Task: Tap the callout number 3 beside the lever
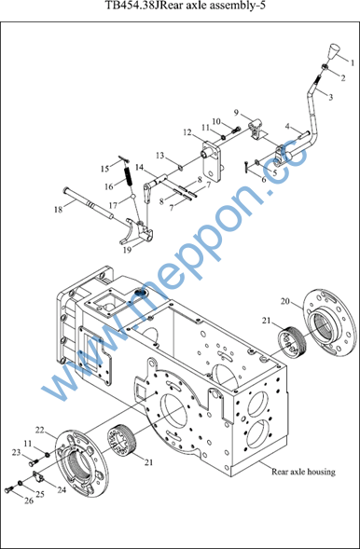click(x=331, y=97)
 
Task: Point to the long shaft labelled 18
click(x=88, y=202)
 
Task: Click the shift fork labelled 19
click(x=136, y=232)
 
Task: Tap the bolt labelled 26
click(x=9, y=490)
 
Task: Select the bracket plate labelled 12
click(x=212, y=160)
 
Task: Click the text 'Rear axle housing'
click(x=303, y=472)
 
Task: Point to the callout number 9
click(x=236, y=113)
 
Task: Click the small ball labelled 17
click(x=133, y=197)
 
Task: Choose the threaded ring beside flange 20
click(x=291, y=340)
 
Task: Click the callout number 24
click(x=62, y=490)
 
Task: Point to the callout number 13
click(x=160, y=156)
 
